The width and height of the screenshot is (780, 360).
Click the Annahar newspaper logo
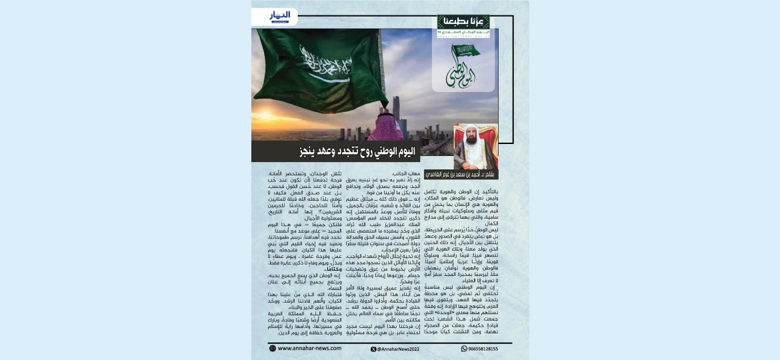[280, 15]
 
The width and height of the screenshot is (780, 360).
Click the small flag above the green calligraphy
[466, 50]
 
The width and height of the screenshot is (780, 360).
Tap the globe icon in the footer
[272, 348]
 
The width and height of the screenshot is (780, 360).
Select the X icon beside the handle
[373, 348]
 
